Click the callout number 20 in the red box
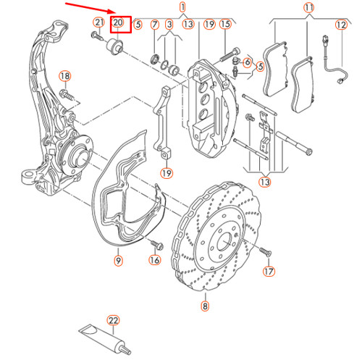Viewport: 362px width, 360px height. (118, 24)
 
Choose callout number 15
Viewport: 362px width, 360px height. (224, 25)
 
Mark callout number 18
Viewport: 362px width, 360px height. (64, 75)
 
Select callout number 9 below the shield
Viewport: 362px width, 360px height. (117, 259)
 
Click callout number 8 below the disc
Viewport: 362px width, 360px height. (205, 306)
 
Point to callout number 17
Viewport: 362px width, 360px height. (269, 272)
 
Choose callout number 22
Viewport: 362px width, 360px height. (113, 319)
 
